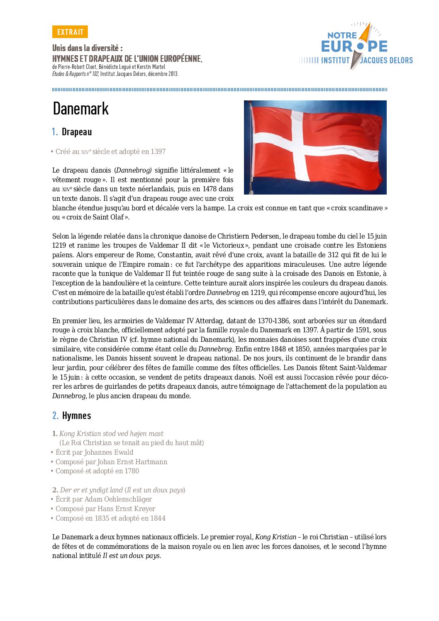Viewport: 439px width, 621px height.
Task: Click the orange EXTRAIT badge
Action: pyautogui.click(x=70, y=32)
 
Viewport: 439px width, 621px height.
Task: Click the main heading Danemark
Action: pyautogui.click(x=81, y=109)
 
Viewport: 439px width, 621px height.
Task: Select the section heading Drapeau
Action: pyautogui.click(x=77, y=132)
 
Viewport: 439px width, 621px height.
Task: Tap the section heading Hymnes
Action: pyautogui.click(x=76, y=416)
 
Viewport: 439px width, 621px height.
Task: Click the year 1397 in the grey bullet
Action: pyautogui.click(x=158, y=152)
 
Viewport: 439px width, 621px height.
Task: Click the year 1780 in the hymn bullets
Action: pyautogui.click(x=132, y=471)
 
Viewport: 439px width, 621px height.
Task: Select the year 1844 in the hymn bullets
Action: pyautogui.click(x=158, y=519)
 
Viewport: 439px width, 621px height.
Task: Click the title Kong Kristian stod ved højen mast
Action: pyautogui.click(x=111, y=434)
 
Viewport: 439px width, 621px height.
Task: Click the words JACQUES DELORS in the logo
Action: pyautogui.click(x=386, y=61)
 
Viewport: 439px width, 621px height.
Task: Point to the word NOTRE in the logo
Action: pyautogui.click(x=342, y=36)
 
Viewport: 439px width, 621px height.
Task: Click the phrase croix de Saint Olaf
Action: pyautogui.click(x=95, y=217)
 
